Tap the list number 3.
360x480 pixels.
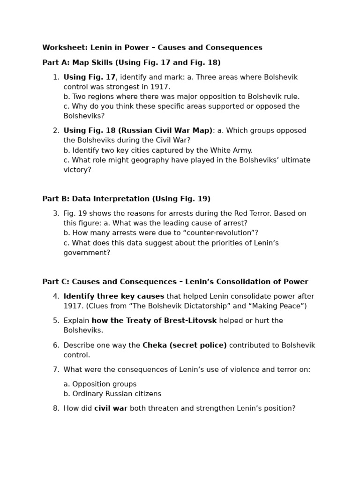click(56, 214)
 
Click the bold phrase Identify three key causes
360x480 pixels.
click(114, 297)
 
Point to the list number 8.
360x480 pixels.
click(56, 409)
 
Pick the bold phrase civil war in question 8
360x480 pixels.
click(111, 409)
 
